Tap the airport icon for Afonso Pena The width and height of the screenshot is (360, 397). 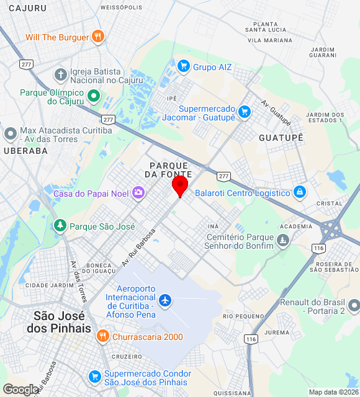[x=165, y=301]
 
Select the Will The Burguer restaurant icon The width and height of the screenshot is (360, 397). [x=97, y=37]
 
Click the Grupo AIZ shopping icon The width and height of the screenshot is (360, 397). [x=183, y=66]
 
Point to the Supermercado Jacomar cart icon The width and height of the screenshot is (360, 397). [x=245, y=112]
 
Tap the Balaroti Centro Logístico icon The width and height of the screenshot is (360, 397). [x=300, y=192]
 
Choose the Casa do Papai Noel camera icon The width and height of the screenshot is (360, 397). [x=138, y=193]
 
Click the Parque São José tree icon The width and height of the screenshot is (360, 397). [x=60, y=226]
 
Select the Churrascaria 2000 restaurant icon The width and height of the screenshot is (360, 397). [x=103, y=337]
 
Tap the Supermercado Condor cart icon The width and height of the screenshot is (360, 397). [x=95, y=377]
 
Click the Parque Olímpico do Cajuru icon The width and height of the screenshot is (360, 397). [x=94, y=96]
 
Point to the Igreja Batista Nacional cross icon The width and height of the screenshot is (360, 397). [x=61, y=75]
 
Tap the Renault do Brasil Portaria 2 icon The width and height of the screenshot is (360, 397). [x=354, y=305]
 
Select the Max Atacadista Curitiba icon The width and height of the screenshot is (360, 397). [x=11, y=133]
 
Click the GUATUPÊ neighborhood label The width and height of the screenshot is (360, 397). [x=281, y=137]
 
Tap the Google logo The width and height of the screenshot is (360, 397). [x=21, y=390]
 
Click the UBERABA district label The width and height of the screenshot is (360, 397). [x=25, y=150]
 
